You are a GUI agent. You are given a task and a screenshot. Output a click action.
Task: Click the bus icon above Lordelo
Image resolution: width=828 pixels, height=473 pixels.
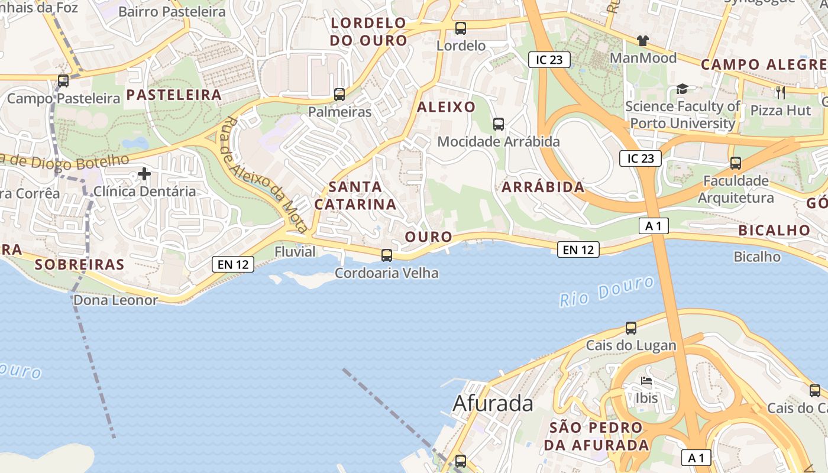tap(461, 28)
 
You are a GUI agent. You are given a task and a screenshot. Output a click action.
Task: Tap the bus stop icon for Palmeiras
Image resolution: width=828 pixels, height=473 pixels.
tap(339, 95)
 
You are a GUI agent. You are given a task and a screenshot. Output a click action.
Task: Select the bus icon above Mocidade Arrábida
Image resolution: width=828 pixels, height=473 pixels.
tap(499, 124)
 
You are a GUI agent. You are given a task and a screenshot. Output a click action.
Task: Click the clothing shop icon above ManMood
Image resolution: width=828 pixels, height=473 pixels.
tap(643, 41)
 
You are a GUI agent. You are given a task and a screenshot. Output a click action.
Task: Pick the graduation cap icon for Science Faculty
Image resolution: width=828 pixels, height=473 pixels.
tap(683, 89)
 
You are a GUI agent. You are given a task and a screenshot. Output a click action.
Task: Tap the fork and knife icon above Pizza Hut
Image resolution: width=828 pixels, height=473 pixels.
tap(781, 92)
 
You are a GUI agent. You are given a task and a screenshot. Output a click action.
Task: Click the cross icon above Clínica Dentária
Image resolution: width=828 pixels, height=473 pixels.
tap(144, 174)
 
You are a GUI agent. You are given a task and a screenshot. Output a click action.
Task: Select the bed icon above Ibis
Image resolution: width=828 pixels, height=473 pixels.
tap(646, 381)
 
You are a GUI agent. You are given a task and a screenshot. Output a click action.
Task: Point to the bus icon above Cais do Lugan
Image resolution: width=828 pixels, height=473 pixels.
tap(631, 328)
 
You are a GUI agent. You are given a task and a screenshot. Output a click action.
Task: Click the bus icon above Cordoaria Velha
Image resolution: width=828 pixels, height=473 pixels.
tap(387, 255)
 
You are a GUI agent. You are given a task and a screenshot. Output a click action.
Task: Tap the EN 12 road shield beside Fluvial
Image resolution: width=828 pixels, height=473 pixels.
tap(233, 264)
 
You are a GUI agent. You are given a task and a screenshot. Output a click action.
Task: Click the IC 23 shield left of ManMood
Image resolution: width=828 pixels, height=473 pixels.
tap(549, 59)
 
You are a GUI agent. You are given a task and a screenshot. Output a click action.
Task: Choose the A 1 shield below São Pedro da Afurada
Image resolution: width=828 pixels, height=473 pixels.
tap(697, 458)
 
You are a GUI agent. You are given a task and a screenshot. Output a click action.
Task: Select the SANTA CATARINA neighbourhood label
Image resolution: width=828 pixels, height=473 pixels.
tap(355, 196)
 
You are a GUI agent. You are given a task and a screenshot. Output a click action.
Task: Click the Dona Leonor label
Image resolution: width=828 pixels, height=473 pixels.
tap(115, 300)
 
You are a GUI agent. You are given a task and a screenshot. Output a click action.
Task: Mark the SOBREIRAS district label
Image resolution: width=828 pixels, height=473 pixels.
tap(80, 264)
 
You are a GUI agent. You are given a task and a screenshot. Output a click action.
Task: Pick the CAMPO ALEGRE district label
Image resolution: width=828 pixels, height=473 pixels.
tap(763, 64)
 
